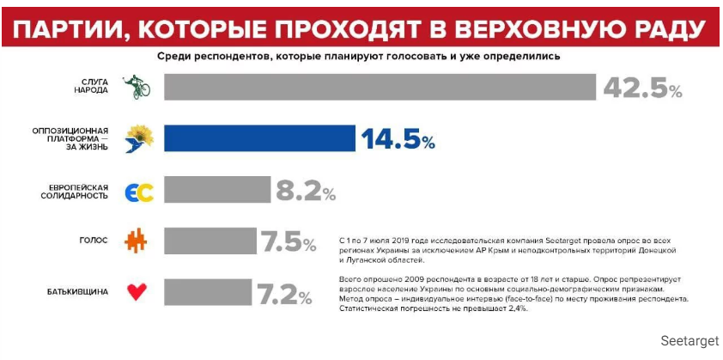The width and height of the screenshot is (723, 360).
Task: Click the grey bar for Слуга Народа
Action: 380,88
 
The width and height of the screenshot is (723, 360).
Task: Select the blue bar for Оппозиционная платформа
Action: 259,138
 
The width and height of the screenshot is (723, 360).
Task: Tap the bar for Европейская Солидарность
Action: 216,191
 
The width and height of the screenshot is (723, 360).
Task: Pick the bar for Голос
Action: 210,241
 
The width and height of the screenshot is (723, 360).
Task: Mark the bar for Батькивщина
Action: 207,292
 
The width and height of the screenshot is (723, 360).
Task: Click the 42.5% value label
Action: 641,88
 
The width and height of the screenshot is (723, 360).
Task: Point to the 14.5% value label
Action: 398,139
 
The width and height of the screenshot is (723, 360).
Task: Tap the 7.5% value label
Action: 289,242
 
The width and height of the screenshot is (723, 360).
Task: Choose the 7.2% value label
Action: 283,294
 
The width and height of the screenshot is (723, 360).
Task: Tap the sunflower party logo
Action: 138,139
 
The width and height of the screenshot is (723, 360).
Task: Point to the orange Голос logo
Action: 137,241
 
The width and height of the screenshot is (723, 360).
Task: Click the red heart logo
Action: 137,292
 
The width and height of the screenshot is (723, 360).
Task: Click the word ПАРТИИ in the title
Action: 70,27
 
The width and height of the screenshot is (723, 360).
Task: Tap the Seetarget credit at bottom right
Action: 690,341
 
